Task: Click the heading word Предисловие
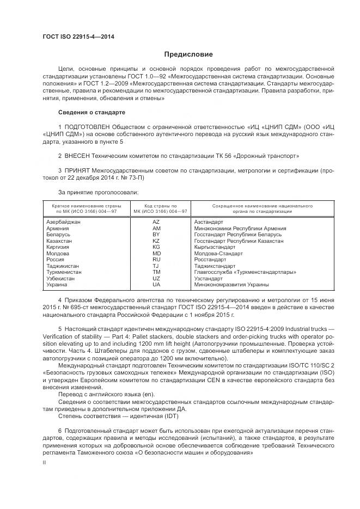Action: tap(188, 54)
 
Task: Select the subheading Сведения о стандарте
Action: tap(91, 112)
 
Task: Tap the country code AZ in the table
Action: tap(156, 222)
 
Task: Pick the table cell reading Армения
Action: tap(58, 228)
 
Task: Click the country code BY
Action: tap(156, 234)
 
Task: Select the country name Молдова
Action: tap(58, 253)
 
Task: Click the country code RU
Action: tap(156, 259)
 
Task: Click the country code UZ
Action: tap(156, 278)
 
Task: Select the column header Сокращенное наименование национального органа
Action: tap(254, 208)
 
